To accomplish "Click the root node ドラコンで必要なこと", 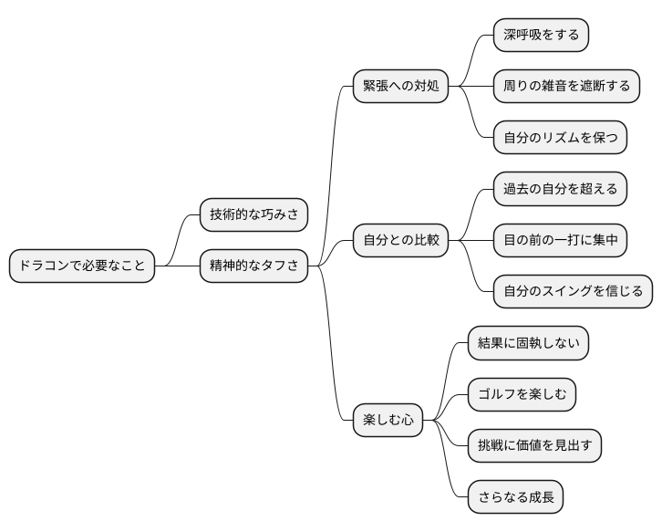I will pos(82,266).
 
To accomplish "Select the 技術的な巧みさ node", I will pos(253,215).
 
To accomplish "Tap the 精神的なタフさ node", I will pos(253,266).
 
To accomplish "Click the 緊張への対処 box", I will pos(400,87).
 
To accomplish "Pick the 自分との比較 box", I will pos(400,241).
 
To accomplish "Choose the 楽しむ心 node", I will pos(388,421).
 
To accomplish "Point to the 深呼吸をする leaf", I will pos(541,36).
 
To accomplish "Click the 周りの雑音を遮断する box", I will pos(566,87).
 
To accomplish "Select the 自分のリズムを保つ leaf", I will pos(560,138).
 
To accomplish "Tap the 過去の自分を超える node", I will pos(560,190).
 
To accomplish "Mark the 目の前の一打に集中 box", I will pos(560,241).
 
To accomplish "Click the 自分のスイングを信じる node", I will pos(573,292).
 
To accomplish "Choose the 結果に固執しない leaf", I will pos(528,344).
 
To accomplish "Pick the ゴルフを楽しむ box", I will pos(522,395).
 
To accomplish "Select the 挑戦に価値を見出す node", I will pos(534,446).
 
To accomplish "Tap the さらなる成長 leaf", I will pos(515,498).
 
